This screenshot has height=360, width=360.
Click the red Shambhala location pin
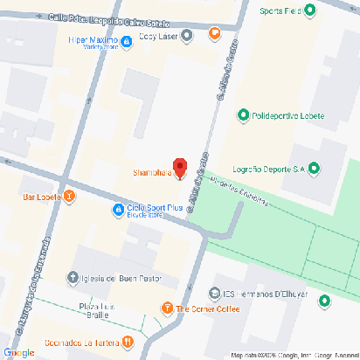coord(180,167)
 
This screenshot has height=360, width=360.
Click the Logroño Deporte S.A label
coord(267,169)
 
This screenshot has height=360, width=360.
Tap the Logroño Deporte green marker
coord(315,169)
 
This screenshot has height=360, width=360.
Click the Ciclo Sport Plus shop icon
coord(118,209)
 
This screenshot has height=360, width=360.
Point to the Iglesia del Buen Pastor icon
coord(73,279)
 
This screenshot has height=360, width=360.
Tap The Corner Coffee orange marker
coord(167,308)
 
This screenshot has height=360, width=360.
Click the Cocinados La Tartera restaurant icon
coord(128,342)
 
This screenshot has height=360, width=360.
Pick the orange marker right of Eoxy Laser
coord(215,34)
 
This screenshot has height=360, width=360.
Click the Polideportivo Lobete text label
coord(288,114)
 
